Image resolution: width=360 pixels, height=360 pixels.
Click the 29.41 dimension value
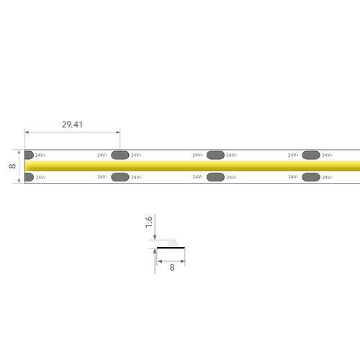coord(71,125)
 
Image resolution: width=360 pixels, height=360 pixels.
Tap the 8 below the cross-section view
coord(171,266)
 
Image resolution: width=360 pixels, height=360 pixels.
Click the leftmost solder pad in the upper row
coord(29,155)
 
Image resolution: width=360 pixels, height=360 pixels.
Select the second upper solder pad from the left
coord(120,155)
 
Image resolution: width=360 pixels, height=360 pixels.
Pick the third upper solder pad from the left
coord(215,155)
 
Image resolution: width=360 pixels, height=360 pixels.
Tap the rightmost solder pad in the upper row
coord(311,155)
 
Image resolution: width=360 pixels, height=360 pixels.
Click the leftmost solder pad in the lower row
coord(29,177)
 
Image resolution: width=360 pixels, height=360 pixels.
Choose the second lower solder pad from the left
coord(120,177)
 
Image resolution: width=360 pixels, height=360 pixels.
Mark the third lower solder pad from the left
coord(215,177)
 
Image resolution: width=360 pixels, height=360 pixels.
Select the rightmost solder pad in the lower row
coord(311,177)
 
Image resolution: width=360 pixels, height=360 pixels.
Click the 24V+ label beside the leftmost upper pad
coord(41,155)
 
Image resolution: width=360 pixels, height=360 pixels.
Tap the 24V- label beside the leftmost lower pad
coord(41,177)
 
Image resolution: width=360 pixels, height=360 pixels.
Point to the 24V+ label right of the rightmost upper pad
coord(328,155)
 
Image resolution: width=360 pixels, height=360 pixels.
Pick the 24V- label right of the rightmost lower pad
coord(328,177)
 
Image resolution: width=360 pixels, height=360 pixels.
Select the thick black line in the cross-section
coord(171,248)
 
